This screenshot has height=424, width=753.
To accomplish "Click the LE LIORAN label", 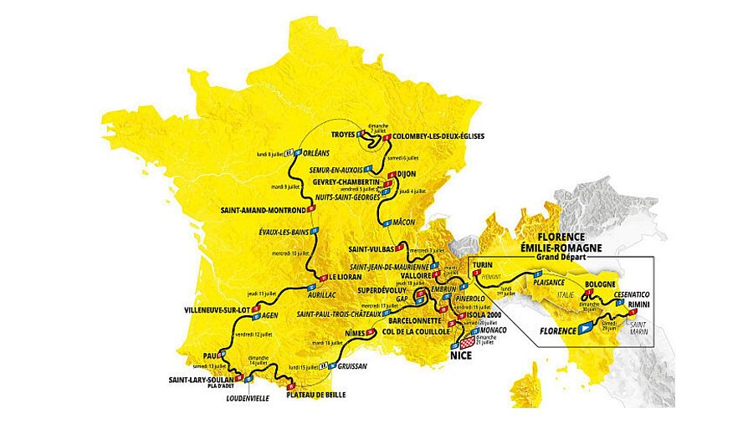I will click(x=344, y=276).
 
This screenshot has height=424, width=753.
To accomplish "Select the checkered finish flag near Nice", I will click(x=467, y=341).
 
